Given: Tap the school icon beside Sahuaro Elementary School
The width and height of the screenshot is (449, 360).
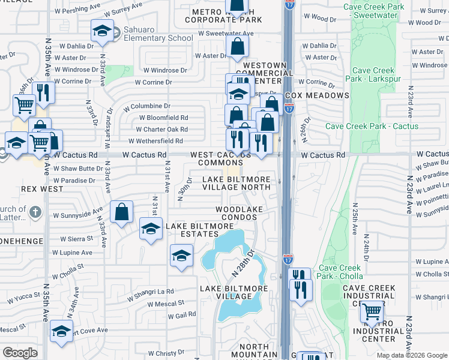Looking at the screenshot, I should pos(103,31).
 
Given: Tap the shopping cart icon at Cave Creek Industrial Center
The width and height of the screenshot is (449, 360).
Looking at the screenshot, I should pos(372,311).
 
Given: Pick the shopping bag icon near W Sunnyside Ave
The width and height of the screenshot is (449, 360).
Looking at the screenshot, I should pos(121,212).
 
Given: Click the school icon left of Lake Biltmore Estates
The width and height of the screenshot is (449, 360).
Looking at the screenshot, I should pos(151,228).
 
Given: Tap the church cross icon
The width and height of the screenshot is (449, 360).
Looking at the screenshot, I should pos(35,212).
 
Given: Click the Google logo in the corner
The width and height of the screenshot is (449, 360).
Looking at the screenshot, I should pos(20,353).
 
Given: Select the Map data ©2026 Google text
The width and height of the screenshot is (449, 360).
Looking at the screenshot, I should pos(412,356).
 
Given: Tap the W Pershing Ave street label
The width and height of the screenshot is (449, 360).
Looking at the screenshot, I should pos(76,11).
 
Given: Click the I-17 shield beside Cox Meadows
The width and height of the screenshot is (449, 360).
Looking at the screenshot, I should pos(289,109).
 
